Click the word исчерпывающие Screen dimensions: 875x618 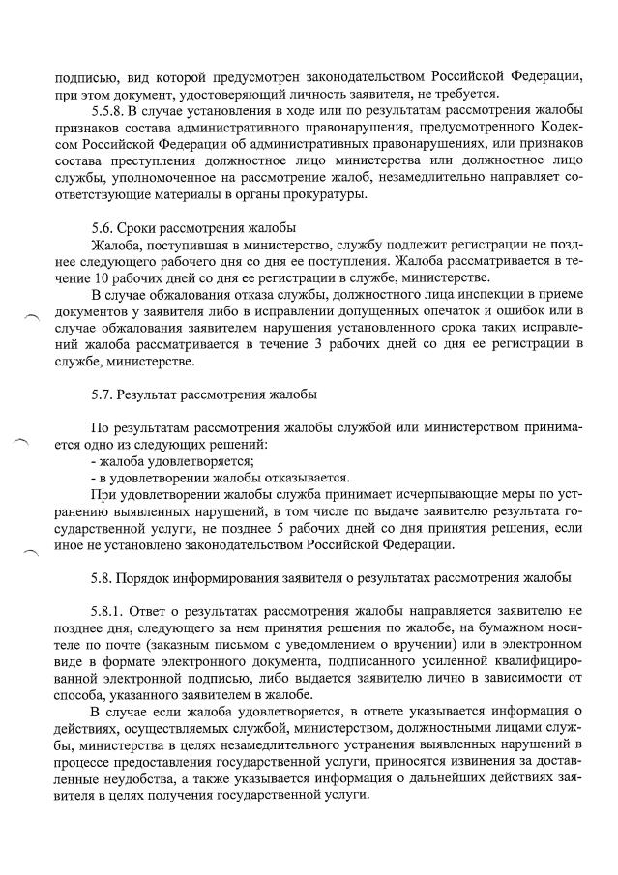point(385,493)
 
